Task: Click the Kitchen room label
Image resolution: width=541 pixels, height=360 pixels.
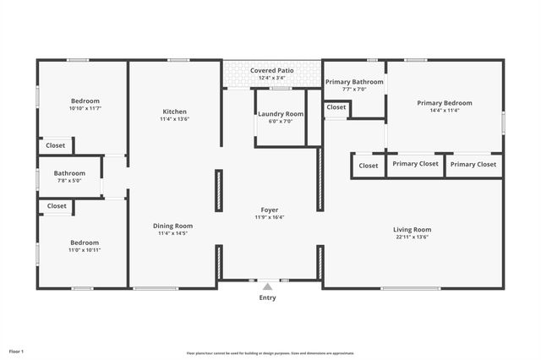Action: [174, 112]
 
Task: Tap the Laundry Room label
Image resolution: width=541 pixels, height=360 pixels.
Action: [281, 114]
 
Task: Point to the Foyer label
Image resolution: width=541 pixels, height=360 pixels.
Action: [270, 210]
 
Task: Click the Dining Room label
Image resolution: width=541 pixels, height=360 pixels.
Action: [172, 226]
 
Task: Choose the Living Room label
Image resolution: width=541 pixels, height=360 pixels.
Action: [412, 230]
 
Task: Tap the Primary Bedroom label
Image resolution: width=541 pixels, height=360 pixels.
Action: [444, 103]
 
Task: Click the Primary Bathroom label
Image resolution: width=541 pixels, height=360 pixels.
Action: [354, 82]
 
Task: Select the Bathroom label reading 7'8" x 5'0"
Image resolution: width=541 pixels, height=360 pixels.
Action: [69, 173]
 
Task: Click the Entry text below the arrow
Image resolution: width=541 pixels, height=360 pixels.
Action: [267, 297]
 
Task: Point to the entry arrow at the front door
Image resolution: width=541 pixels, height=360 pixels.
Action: [267, 286]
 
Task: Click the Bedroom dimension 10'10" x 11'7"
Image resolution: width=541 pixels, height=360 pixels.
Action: [85, 109]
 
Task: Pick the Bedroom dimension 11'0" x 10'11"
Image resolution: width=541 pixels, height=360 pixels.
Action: [85, 250]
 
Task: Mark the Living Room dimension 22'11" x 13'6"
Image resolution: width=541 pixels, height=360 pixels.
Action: [412, 237]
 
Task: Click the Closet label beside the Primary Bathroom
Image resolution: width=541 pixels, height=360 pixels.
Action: [336, 107]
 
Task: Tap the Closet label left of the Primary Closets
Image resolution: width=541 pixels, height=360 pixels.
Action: [369, 166]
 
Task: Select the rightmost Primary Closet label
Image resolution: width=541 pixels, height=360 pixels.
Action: [473, 164]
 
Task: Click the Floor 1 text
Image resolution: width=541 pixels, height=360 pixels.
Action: [16, 351]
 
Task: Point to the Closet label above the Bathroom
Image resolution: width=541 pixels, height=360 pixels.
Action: [55, 145]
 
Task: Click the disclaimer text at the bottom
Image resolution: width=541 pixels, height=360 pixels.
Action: [270, 353]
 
